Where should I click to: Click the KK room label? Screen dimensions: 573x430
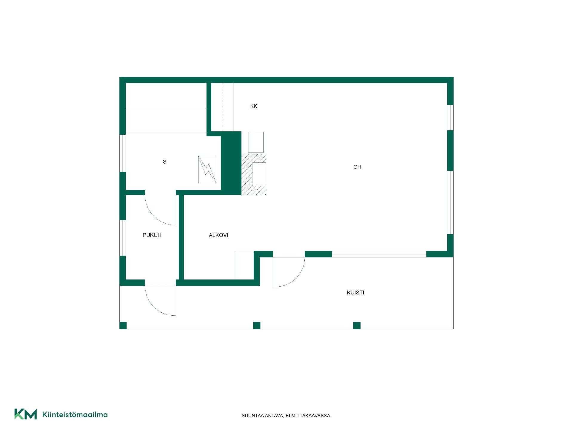tap(254, 106)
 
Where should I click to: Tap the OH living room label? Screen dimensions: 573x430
tap(357, 167)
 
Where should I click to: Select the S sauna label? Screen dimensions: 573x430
tap(164, 162)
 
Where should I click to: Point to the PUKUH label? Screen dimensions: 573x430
tap(152, 235)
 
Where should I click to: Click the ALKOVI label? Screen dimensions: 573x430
tap(218, 235)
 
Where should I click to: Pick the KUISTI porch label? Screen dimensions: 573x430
tap(355, 293)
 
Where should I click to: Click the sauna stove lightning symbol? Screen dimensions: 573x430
tap(207, 169)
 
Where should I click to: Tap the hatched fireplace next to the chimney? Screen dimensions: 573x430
tap(254, 174)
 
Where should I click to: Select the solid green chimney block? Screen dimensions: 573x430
tap(231, 163)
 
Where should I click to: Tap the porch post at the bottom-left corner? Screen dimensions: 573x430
tap(123, 325)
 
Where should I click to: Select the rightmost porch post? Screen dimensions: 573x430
tap(357, 325)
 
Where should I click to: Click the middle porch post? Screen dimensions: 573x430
tap(257, 325)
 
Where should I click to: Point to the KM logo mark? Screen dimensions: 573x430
tap(26, 414)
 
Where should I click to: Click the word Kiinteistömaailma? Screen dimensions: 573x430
tap(75, 414)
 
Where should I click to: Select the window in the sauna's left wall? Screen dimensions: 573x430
tap(123, 153)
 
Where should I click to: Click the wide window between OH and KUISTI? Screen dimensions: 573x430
tap(379, 254)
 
